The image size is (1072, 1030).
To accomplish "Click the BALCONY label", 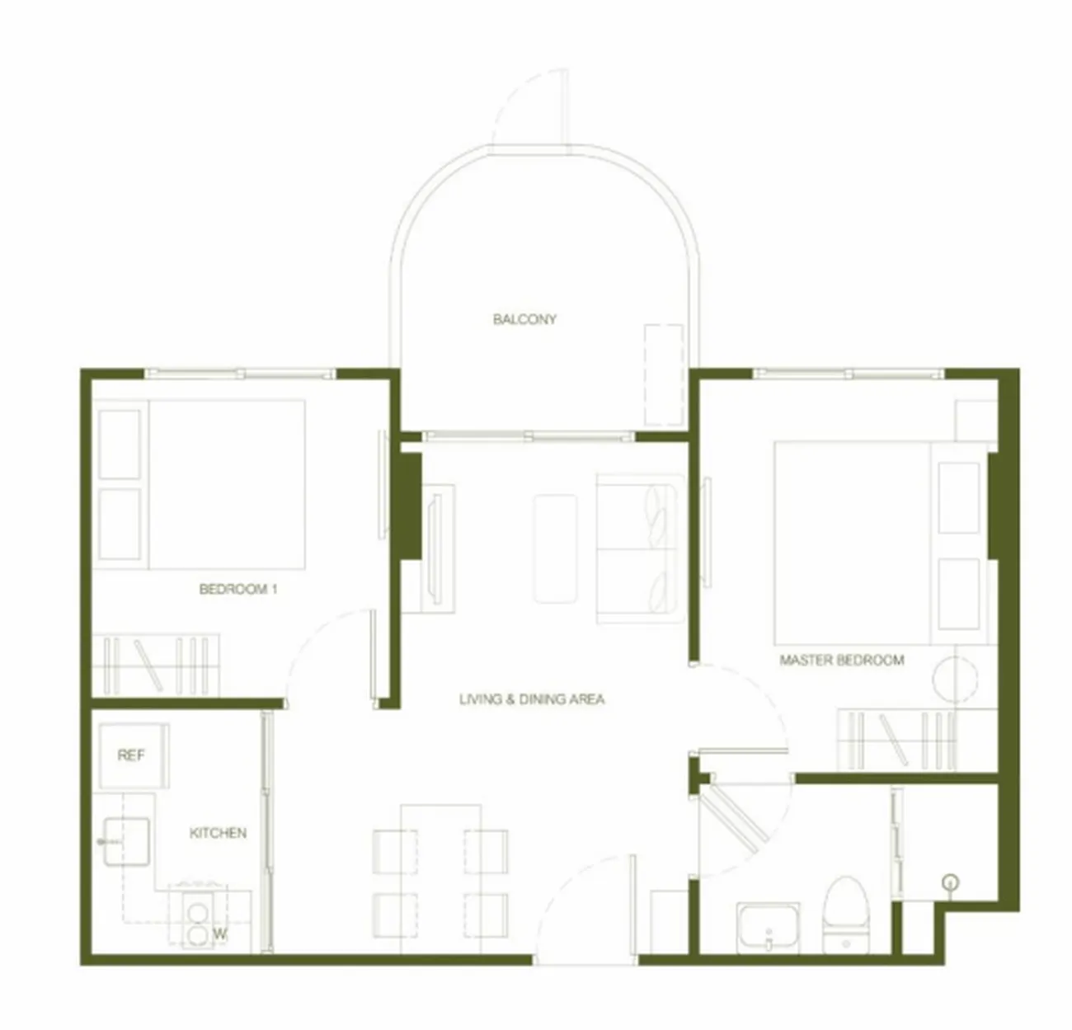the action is (x=524, y=319).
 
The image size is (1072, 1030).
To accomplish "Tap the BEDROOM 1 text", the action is (x=238, y=590).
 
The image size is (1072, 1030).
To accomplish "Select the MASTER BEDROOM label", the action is (x=842, y=660).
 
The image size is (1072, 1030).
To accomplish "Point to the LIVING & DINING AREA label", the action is (x=532, y=699).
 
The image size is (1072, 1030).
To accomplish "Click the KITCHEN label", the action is (x=218, y=833).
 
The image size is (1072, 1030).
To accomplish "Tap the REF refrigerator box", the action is (x=134, y=755).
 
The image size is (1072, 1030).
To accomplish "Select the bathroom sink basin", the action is (x=768, y=928).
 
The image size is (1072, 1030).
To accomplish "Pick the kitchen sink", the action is (x=127, y=842).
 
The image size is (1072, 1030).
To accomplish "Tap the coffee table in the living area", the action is (x=555, y=548).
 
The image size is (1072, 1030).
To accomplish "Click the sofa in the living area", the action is (x=641, y=548).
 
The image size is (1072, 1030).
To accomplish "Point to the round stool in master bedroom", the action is (x=955, y=680).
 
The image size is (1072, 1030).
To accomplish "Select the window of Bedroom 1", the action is (x=240, y=374).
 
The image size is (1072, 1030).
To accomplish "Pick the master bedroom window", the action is (x=849, y=374).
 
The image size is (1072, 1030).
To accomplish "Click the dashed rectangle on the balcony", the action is (x=664, y=374).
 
